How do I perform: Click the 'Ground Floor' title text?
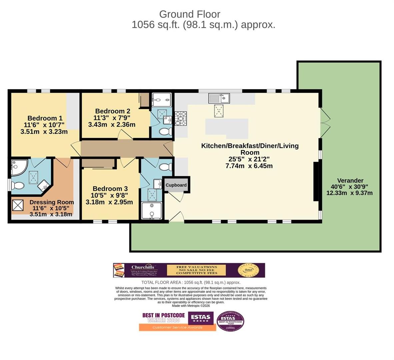pos(189,14)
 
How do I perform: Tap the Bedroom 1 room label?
pos(45,118)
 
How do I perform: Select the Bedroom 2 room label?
pos(112,111)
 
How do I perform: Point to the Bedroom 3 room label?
pos(110,189)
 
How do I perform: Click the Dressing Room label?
pos(52,202)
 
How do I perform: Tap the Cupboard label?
pos(176,185)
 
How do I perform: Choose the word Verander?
pos(350,181)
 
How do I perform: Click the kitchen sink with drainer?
pos(219,98)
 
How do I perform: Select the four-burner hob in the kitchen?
pos(180,118)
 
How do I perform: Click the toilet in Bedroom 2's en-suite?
pos(165,132)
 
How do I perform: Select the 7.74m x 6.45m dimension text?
pos(249,166)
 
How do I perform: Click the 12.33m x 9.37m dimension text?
pos(350,193)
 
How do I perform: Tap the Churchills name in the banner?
pos(143,267)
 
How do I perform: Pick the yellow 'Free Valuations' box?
pos(196,270)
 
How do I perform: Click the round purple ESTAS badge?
pos(230,321)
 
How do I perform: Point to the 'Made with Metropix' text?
pos(191,306)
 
